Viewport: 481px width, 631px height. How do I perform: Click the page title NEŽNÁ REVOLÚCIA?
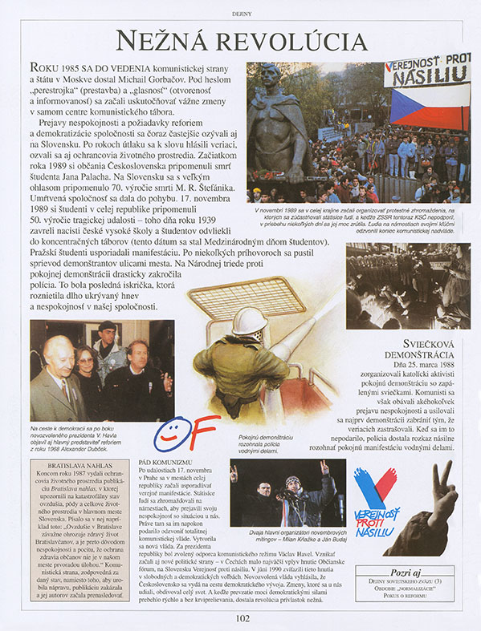(241, 41)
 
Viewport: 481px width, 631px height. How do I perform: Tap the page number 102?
(243, 617)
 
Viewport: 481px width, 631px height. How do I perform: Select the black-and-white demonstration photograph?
(408, 285)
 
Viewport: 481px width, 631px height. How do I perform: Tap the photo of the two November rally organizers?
(283, 491)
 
